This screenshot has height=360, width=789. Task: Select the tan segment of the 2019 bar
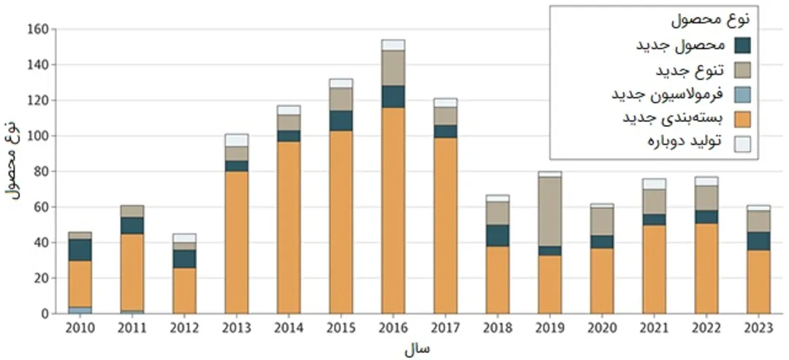coord(550,212)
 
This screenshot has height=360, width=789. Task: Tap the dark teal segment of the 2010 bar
coord(81,250)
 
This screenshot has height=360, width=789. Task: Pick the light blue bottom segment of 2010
coord(81,310)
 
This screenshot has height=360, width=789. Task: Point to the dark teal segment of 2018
coord(498,235)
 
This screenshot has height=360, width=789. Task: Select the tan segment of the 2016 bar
coord(392,68)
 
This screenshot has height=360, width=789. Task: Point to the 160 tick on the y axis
coord(38,29)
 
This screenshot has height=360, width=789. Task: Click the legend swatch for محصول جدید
coord(743,45)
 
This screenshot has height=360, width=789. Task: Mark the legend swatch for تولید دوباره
coord(743,143)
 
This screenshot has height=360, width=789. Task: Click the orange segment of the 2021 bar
coord(654,269)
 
